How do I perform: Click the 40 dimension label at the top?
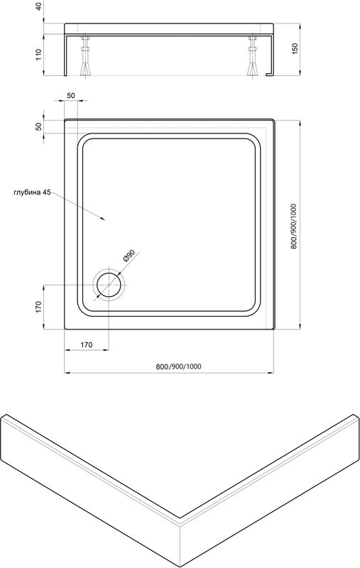coord(39,6)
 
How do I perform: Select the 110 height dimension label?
coord(39,55)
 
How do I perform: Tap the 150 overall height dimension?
coord(295,49)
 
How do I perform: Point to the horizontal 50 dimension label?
coord(70,96)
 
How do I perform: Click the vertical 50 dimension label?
coord(39,126)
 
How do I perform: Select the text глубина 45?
coord(32,192)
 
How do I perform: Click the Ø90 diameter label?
coord(129,256)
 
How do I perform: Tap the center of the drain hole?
coord(109,285)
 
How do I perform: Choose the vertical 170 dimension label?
coord(39,307)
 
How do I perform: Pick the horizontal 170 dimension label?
coord(86,344)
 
